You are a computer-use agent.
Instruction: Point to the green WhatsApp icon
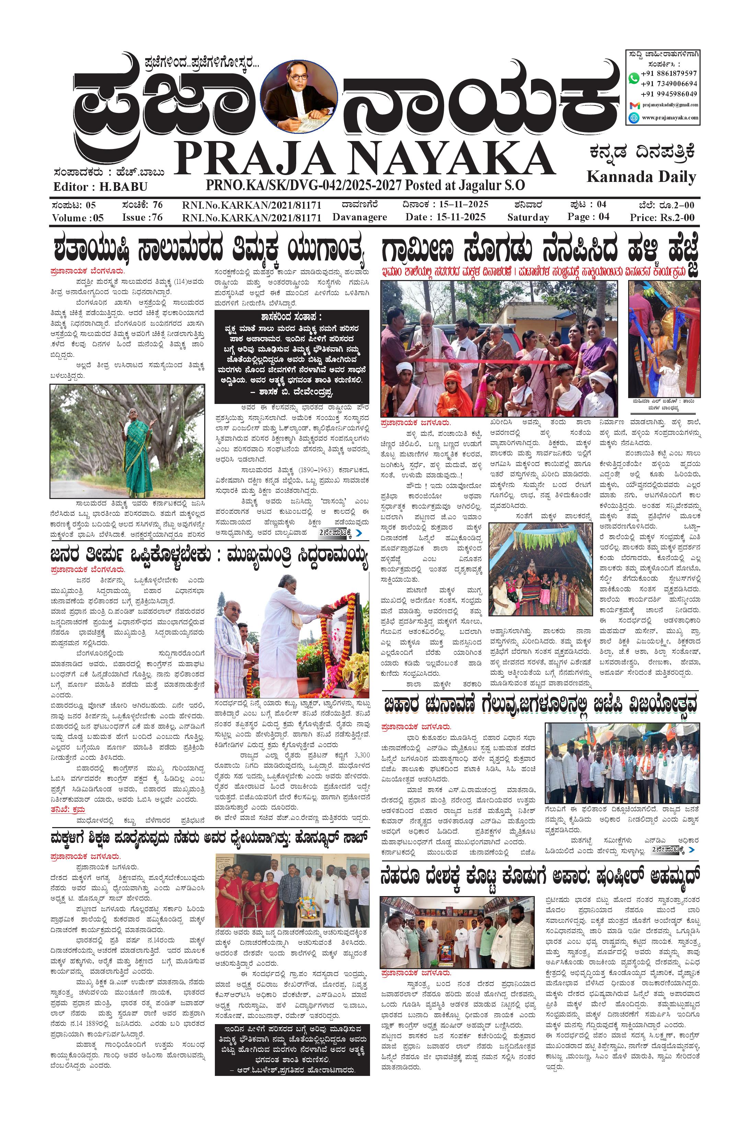(x=634, y=78)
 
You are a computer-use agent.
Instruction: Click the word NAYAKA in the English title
(x=450, y=158)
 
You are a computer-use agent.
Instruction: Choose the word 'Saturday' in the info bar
(x=528, y=218)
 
